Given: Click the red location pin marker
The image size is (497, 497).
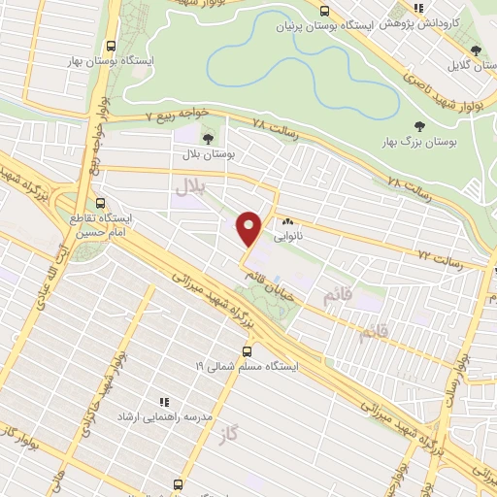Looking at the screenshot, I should [x=249, y=227].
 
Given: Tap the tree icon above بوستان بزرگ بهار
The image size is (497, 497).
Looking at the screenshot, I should [x=419, y=125].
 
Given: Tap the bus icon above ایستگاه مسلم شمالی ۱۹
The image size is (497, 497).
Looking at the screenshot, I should [x=248, y=352].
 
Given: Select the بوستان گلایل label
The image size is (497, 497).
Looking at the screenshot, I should [x=470, y=66].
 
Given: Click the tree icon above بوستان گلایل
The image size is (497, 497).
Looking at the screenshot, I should [x=475, y=50].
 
